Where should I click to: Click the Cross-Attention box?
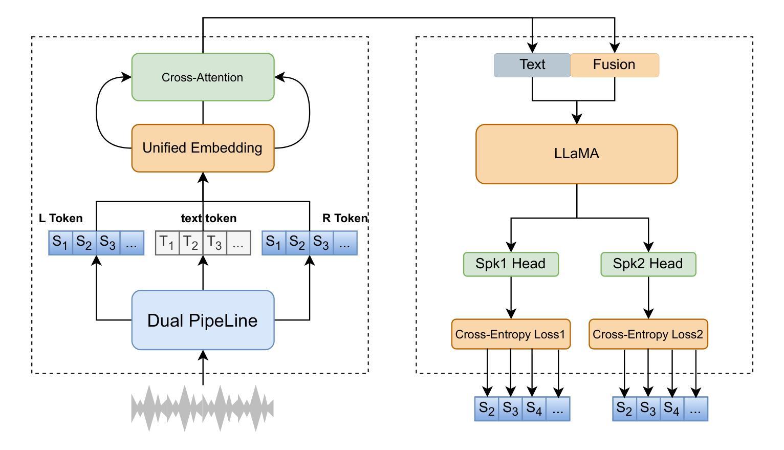pyautogui.click(x=203, y=77)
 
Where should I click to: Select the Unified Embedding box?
pyautogui.click(x=203, y=148)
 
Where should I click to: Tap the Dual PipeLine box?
pyautogui.click(x=203, y=320)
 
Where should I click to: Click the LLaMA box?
pyautogui.click(x=576, y=154)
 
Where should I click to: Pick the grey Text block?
pyautogui.click(x=532, y=65)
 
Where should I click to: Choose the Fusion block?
pyautogui.click(x=614, y=65)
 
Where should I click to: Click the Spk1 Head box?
pyautogui.click(x=511, y=264)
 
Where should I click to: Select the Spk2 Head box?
pyautogui.click(x=648, y=264)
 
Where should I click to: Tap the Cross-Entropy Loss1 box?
pyautogui.click(x=511, y=335)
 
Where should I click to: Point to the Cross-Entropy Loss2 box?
pyautogui.click(x=648, y=335)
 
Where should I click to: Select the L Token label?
pyautogui.click(x=61, y=219)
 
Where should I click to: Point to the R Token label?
pyautogui.click(x=344, y=219)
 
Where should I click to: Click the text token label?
pyautogui.click(x=209, y=219)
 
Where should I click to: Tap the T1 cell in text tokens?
pyautogui.click(x=167, y=243)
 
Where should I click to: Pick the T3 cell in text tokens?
pyautogui.click(x=215, y=243)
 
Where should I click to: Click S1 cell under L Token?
pyautogui.click(x=61, y=243)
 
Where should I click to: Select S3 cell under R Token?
pyautogui.click(x=321, y=243)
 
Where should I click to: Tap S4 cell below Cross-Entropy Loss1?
pyautogui.click(x=534, y=409)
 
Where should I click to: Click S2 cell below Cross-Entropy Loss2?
pyautogui.click(x=624, y=409)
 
